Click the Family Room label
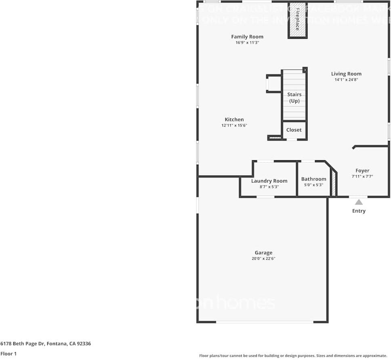coord(247,37)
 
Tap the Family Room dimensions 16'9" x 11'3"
coord(247,42)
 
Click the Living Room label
coord(346,74)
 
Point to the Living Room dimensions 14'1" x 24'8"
coord(346,80)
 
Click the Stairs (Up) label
coord(294,98)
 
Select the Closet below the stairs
coord(294,130)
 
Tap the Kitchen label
coord(234,119)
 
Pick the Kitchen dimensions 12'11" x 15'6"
coord(234,126)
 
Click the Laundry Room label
coord(269,181)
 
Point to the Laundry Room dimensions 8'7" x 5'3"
coord(269,186)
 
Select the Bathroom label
coord(313,179)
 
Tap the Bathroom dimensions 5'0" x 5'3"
coord(313,185)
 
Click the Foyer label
coord(362,171)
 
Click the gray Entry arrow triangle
coord(359,202)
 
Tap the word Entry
coord(359,211)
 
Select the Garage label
coord(263,253)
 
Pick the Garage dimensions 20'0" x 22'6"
coord(263,259)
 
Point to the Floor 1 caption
coord(8,354)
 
